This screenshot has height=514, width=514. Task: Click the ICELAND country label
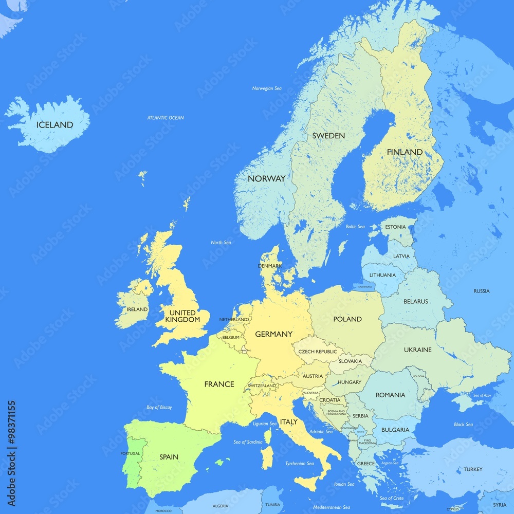(54, 125)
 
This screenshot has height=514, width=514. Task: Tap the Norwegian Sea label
(267, 88)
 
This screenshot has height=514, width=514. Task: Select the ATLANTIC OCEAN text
(166, 118)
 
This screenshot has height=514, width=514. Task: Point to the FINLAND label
(405, 152)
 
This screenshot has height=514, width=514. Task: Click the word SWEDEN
(328, 136)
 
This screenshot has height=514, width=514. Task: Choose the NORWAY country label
(266, 179)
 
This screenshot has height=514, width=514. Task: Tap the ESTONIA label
(395, 227)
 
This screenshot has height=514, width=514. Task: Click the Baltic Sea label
(355, 227)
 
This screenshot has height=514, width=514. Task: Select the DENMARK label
(270, 266)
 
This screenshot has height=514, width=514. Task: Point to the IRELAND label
(137, 309)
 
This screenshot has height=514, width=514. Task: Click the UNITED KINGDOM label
(182, 316)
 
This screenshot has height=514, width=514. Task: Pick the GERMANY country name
(273, 334)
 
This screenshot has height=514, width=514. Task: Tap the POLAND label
(347, 319)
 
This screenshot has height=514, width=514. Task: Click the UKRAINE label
(417, 350)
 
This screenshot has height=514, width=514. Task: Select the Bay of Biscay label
(159, 408)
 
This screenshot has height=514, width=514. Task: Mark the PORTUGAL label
(130, 453)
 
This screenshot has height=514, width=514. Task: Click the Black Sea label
(463, 425)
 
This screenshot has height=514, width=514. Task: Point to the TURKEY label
(473, 469)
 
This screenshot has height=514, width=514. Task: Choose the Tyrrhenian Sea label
(300, 464)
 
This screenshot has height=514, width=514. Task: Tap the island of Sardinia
(267, 456)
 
